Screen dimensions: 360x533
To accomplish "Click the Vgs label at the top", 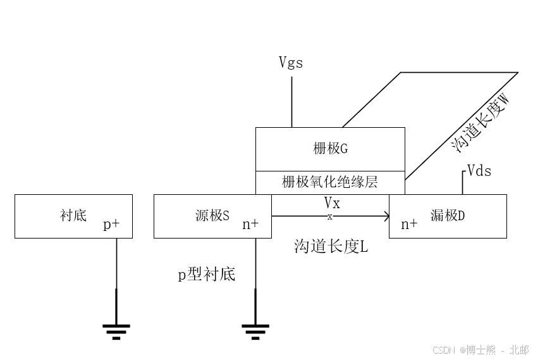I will [x=291, y=63].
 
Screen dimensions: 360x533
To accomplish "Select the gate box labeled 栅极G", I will [x=330, y=149].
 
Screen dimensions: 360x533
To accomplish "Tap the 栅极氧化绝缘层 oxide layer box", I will [x=330, y=183].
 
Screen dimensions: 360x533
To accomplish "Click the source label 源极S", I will [x=212, y=216].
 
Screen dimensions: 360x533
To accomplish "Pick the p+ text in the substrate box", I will [x=111, y=225].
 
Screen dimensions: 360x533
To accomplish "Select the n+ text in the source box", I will [x=250, y=224].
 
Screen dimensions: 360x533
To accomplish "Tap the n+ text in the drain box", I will [x=408, y=224].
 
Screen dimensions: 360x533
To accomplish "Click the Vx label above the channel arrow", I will [x=332, y=203].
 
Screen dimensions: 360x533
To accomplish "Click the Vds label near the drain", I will [x=479, y=171].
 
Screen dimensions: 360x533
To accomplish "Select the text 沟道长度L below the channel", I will [x=331, y=247].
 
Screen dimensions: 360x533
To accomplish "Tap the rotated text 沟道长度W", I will [x=481, y=123].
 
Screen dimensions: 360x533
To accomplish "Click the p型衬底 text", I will [x=206, y=275].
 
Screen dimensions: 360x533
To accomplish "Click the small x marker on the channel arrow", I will [x=329, y=216].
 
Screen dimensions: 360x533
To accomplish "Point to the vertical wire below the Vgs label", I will [x=291, y=101].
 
